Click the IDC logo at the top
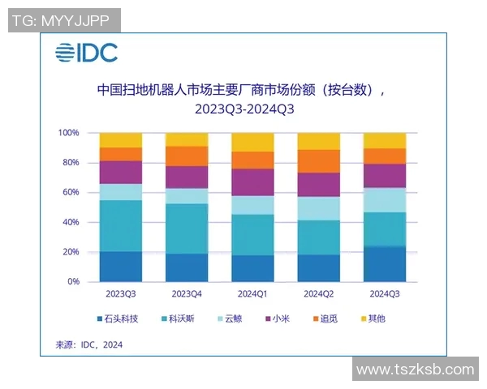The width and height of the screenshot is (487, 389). [x=86, y=53]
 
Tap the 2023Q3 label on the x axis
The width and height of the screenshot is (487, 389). [x=120, y=293]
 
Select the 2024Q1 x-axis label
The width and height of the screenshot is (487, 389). [x=252, y=293]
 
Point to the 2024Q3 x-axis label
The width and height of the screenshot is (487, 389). [x=384, y=293]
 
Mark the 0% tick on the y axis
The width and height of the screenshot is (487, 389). [x=73, y=282]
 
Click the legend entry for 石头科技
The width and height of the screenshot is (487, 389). [x=117, y=318]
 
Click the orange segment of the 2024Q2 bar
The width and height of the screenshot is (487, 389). [x=318, y=161]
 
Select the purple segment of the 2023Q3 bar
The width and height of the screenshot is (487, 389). [x=120, y=172]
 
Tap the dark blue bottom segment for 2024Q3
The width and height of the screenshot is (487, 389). [x=384, y=264]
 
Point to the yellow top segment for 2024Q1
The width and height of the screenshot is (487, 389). [x=252, y=142]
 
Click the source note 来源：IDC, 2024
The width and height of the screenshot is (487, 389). [x=89, y=344]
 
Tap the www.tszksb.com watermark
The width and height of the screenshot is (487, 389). [x=415, y=370]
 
